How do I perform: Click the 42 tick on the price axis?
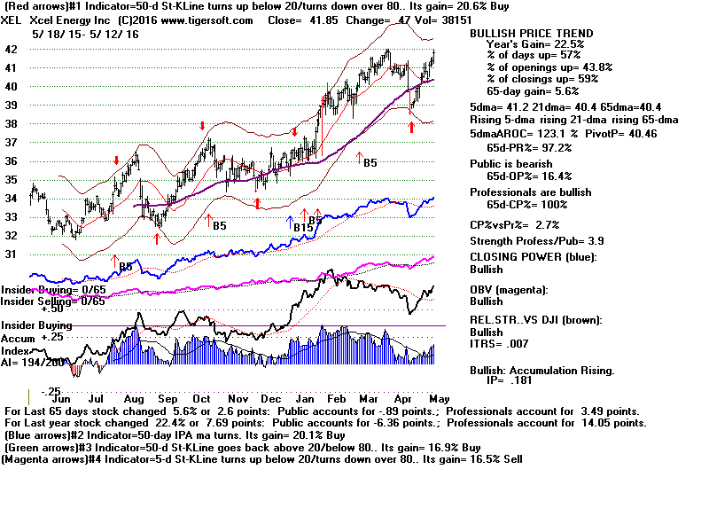pos(11,50)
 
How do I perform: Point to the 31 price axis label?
pos(11,254)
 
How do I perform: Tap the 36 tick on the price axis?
pos(11,161)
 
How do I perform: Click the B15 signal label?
pos(306,227)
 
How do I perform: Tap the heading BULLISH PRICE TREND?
pos(531,34)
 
